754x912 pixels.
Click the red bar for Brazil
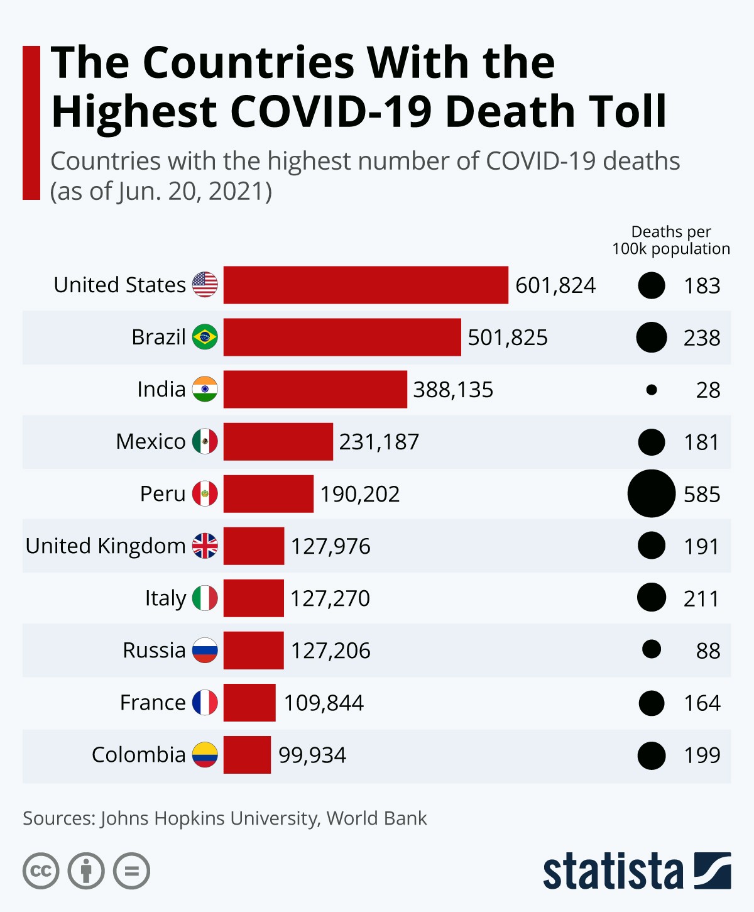pyautogui.click(x=342, y=338)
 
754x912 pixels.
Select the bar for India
pyautogui.click(x=315, y=390)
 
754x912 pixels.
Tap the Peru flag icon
pyautogui.click(x=205, y=493)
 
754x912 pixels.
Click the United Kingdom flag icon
pyautogui.click(x=205, y=546)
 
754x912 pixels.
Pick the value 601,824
pyautogui.click(x=555, y=285)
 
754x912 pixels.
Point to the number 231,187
pyautogui.click(x=379, y=442)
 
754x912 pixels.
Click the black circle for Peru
pyautogui.click(x=652, y=493)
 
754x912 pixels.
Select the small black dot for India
pyautogui.click(x=652, y=390)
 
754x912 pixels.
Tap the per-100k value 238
pyautogui.click(x=702, y=338)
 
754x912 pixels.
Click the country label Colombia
pyautogui.click(x=138, y=754)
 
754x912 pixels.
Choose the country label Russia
pyautogui.click(x=154, y=650)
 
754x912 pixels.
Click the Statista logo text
pyautogui.click(x=613, y=871)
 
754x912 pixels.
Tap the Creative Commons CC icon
pyautogui.click(x=41, y=871)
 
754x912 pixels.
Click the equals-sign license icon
pyautogui.click(x=132, y=871)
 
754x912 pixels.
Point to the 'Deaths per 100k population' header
pyautogui.click(x=671, y=240)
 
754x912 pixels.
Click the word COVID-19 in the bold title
pyautogui.click(x=333, y=111)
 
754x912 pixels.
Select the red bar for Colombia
pyautogui.click(x=247, y=754)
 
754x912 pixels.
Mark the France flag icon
pyautogui.click(x=205, y=702)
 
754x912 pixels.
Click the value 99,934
pyautogui.click(x=312, y=755)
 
